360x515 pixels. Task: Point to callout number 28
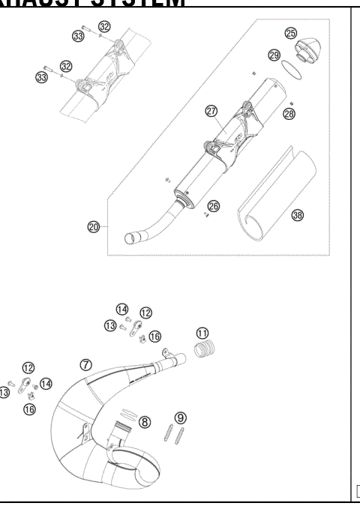point(289,113)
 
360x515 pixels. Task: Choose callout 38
point(298,215)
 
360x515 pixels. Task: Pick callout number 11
point(202,333)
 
